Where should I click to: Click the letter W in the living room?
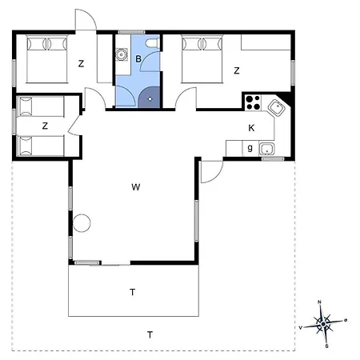click(x=136, y=187)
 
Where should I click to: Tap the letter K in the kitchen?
click(x=251, y=128)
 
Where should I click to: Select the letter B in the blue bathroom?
click(x=138, y=58)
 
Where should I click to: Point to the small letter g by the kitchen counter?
click(x=250, y=147)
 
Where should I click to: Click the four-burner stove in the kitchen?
click(x=253, y=102)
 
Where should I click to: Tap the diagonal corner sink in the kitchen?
click(x=277, y=108)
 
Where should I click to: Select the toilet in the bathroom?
click(x=153, y=43)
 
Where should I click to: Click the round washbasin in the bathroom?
click(x=122, y=54)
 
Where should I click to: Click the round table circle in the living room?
click(x=82, y=223)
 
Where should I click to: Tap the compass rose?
click(x=323, y=324)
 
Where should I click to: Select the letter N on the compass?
click(x=319, y=302)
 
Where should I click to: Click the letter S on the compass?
click(x=326, y=346)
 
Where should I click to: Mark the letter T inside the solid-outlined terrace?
click(x=133, y=292)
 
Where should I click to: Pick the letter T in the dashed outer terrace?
click(x=150, y=334)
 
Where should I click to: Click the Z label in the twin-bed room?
click(x=45, y=126)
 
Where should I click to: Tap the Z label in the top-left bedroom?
click(x=81, y=63)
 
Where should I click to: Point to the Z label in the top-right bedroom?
click(x=237, y=70)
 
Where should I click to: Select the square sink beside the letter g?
click(x=267, y=149)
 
